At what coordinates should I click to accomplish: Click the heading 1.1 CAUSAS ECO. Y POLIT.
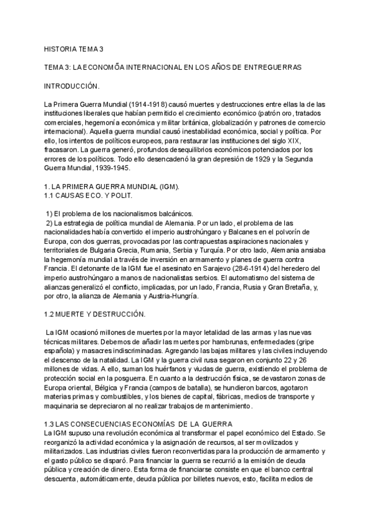[84, 195]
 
